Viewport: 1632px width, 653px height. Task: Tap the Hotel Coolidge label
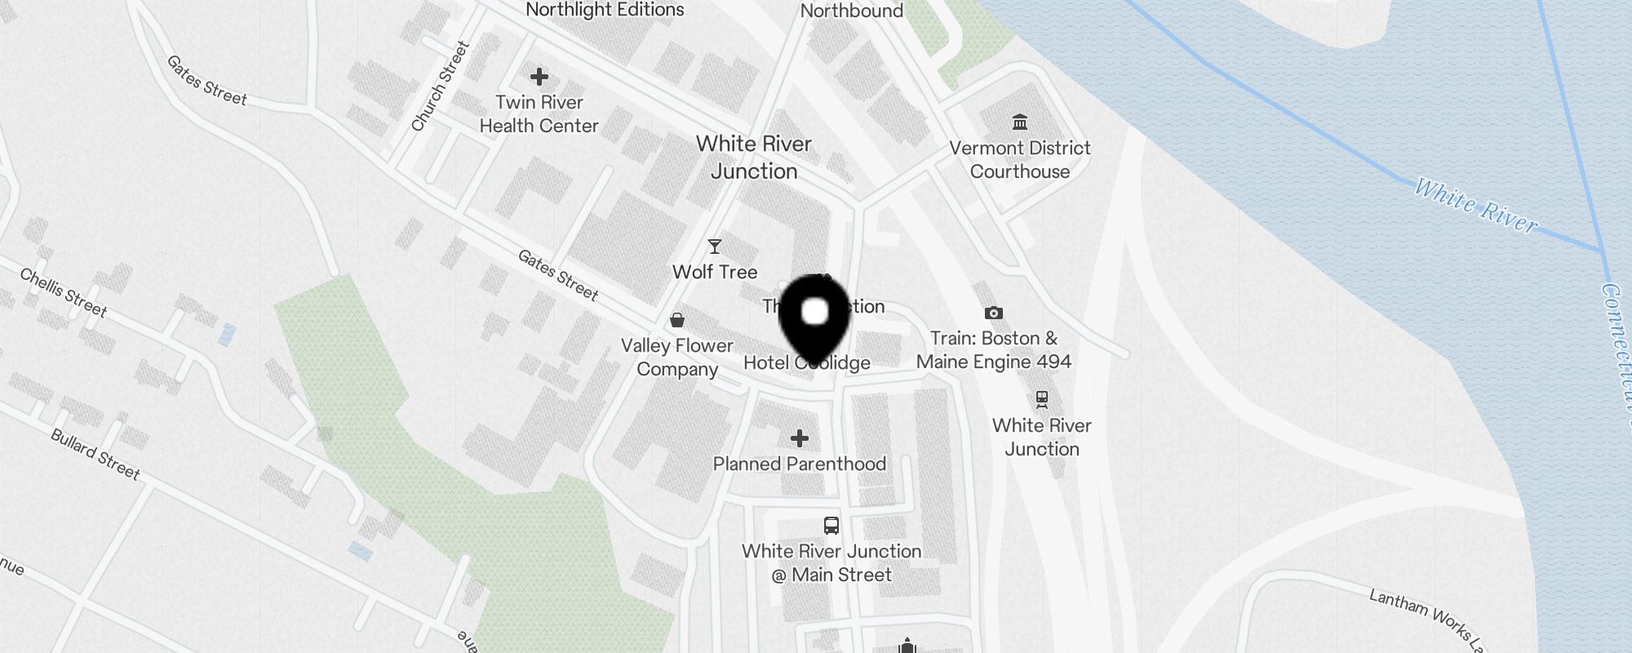806,363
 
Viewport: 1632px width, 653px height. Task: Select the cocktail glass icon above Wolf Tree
715,247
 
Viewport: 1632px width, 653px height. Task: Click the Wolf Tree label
715,272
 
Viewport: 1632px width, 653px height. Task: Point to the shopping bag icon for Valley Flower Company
677,319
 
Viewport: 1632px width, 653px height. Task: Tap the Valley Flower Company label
677,358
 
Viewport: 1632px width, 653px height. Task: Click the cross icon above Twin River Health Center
539,77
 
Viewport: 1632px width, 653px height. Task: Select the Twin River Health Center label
539,114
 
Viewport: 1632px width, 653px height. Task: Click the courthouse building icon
1020,122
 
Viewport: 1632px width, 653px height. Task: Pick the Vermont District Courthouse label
1020,160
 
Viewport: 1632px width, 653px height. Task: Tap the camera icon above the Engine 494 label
994,313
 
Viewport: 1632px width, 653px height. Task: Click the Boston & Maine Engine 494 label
994,350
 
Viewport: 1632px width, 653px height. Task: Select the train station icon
1041,399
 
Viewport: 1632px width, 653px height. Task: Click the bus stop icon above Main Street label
832,525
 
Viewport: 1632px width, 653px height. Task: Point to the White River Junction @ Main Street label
832,563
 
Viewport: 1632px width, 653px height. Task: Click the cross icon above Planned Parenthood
800,438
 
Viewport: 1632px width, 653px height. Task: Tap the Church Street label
441,87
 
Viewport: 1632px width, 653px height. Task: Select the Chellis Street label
64,292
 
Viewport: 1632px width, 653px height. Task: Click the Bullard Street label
95,454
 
